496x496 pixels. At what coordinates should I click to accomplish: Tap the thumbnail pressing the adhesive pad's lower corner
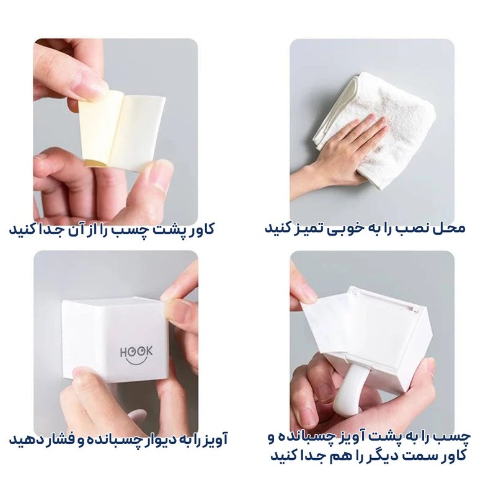pos(160,177)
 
